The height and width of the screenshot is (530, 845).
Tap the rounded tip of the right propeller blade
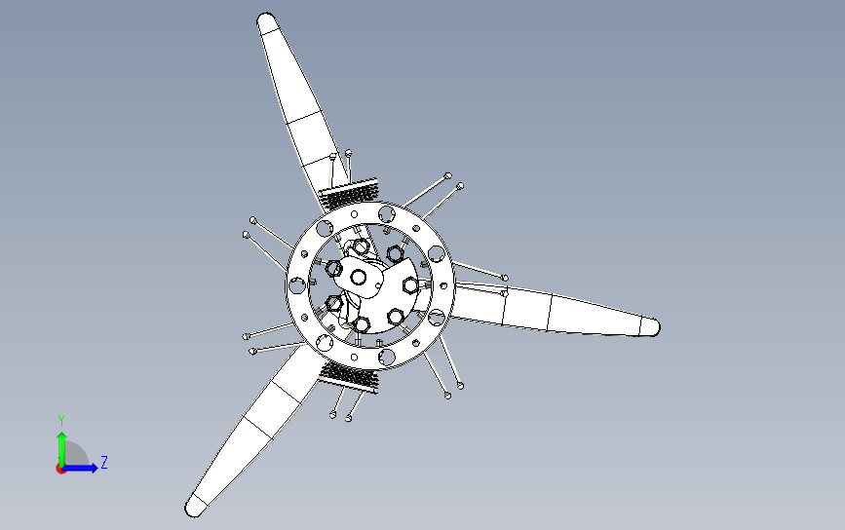click(656, 327)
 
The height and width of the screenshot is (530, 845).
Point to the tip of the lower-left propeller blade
click(190, 510)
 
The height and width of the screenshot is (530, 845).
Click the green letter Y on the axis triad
click(61, 421)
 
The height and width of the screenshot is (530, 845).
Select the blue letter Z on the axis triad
click(104, 462)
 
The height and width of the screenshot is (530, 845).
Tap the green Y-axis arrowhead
click(62, 436)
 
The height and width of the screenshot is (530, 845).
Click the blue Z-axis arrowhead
click(94, 468)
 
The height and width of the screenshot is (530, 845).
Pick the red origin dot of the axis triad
click(60, 469)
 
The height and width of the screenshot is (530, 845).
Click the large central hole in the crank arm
click(358, 278)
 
